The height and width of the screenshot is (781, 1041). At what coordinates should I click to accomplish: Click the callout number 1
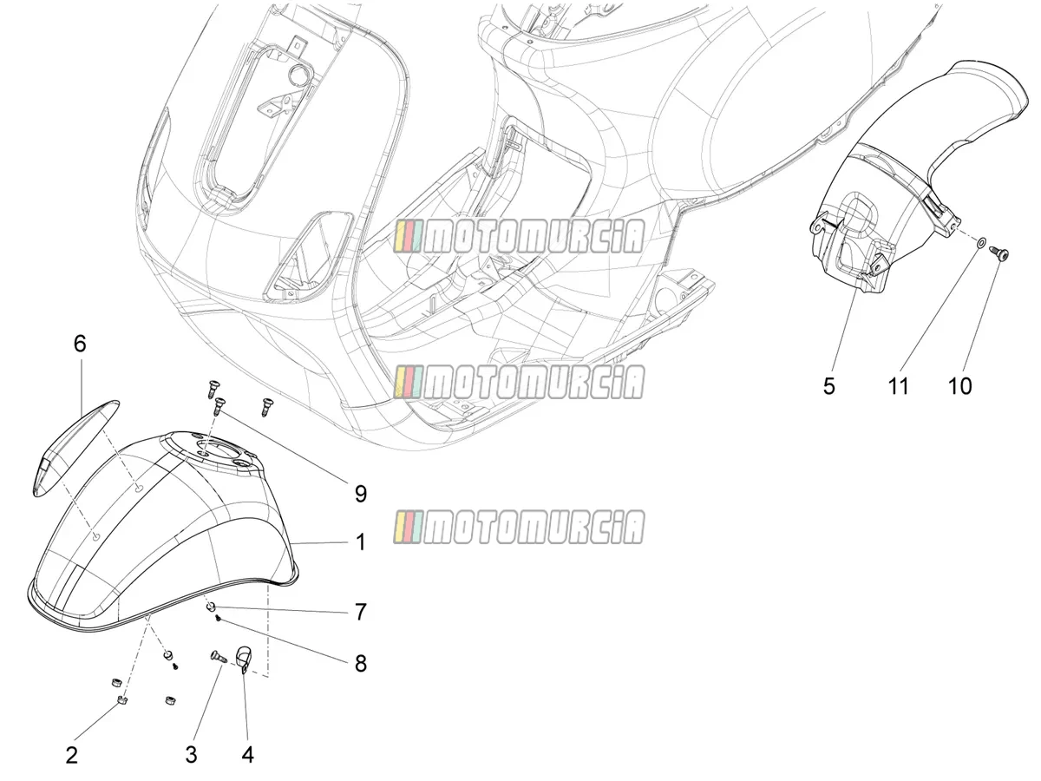[x=361, y=542]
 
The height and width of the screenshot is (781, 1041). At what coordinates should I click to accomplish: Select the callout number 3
[x=191, y=754]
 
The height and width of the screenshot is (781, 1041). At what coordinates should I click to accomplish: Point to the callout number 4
[x=247, y=754]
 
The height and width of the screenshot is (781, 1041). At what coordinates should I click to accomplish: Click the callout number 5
[x=828, y=386]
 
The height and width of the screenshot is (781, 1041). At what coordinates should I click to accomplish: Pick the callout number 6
[x=80, y=344]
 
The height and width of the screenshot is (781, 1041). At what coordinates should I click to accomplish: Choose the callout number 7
[x=361, y=612]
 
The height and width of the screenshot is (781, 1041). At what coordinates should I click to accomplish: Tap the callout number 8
[x=361, y=663]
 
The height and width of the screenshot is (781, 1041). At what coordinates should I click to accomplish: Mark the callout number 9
[x=361, y=494]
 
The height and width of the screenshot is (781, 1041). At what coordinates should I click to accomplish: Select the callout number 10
[x=959, y=386]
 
